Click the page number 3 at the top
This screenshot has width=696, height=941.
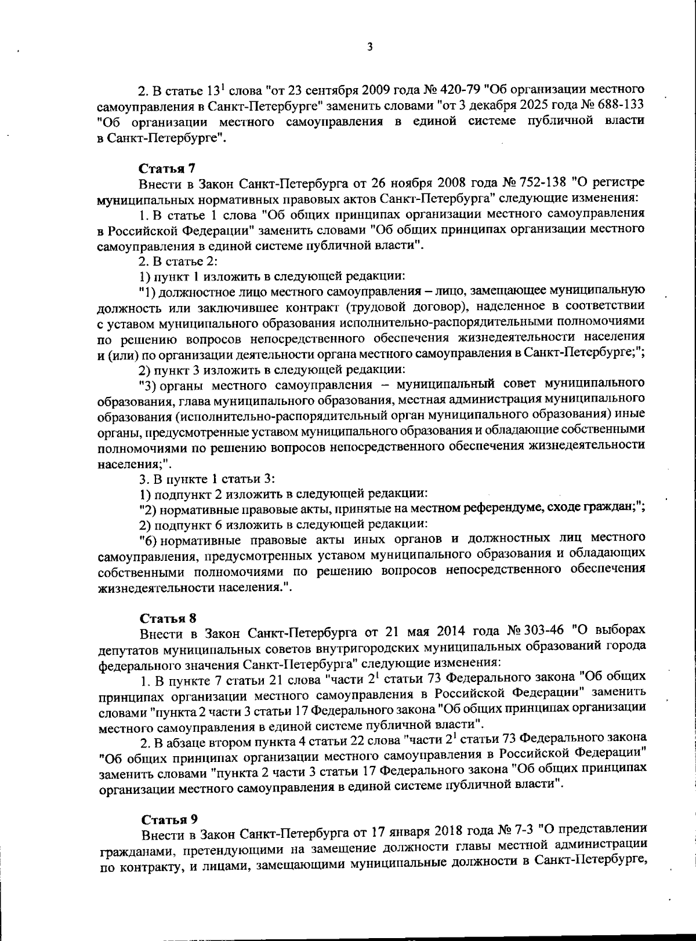[x=369, y=46]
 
